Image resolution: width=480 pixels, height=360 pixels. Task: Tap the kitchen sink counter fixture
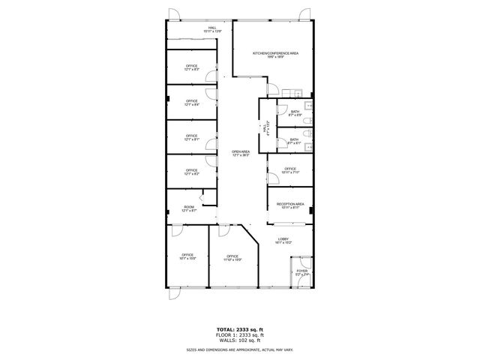coord(298,94)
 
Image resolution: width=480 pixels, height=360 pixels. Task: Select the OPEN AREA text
coord(240,153)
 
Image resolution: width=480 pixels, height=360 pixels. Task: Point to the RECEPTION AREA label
coord(290,205)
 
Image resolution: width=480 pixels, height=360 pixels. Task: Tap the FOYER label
coord(301,272)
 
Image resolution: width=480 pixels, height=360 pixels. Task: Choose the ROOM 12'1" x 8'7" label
coord(189,208)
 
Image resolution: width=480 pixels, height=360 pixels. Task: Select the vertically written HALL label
coord(265,129)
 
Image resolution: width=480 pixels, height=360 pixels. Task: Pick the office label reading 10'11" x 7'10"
coord(290,170)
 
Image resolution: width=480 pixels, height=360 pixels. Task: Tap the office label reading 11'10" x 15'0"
coord(233,258)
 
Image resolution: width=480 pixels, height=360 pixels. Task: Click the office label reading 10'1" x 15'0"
coord(187,257)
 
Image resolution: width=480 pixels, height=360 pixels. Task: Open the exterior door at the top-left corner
coord(174,14)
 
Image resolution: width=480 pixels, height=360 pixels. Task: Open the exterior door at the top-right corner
coord(305,14)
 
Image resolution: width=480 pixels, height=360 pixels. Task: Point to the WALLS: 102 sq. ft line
coord(240,340)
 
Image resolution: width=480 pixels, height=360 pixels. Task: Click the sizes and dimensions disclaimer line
coord(240,350)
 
